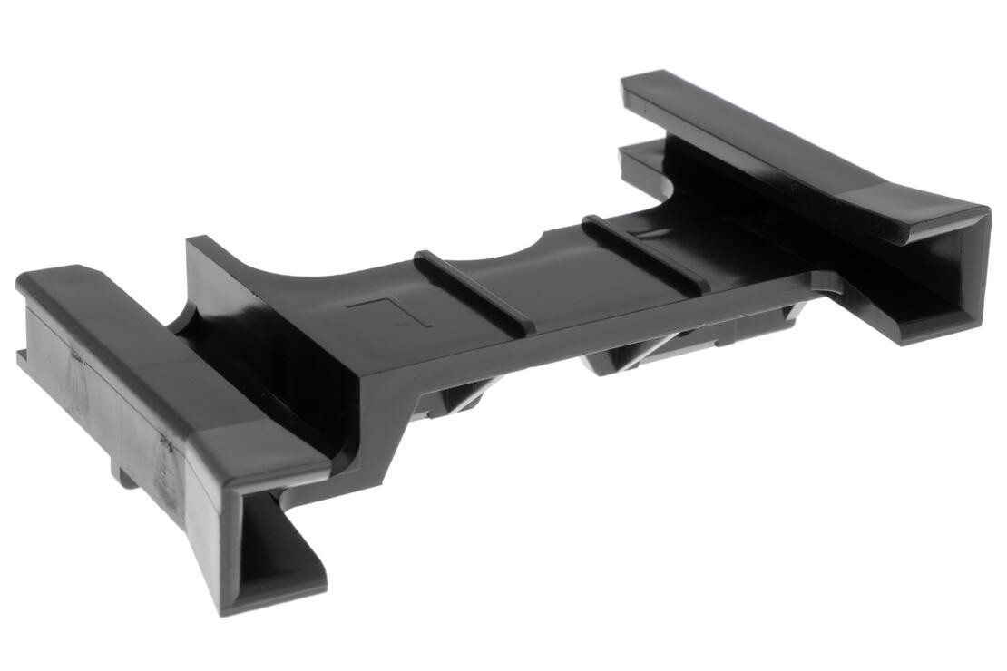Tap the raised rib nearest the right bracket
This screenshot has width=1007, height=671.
pos(644,253)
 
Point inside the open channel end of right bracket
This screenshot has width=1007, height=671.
pos(943,272)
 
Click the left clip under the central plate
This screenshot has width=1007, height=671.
pos(454,399)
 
